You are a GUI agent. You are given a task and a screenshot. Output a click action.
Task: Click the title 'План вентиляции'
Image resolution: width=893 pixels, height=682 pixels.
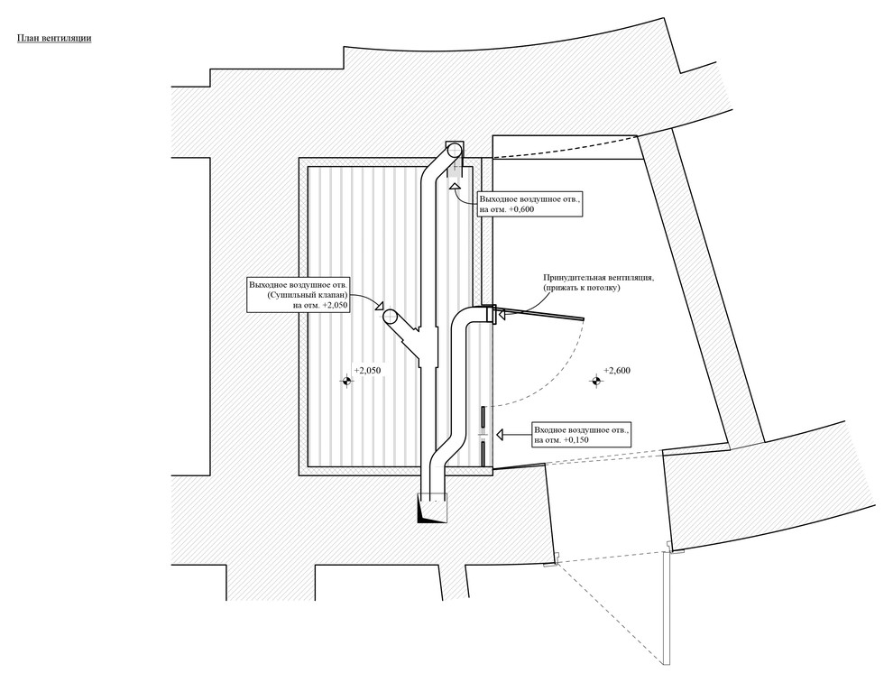53,39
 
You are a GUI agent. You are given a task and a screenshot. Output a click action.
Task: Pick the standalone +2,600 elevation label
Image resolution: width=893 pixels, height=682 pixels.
616,371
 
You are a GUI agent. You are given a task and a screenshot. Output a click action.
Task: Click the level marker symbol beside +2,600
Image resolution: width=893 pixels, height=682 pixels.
595,382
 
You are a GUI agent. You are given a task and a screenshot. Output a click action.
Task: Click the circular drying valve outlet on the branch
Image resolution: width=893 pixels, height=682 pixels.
391,316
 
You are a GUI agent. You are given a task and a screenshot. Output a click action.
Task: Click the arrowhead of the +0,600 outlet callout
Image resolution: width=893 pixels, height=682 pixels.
455,186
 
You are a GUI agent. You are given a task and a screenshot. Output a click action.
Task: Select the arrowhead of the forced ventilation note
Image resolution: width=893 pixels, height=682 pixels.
502,314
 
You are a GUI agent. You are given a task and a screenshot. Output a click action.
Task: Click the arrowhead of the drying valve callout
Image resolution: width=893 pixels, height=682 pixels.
381,306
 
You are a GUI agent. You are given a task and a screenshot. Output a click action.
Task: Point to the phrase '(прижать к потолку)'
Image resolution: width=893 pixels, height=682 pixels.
581,289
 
